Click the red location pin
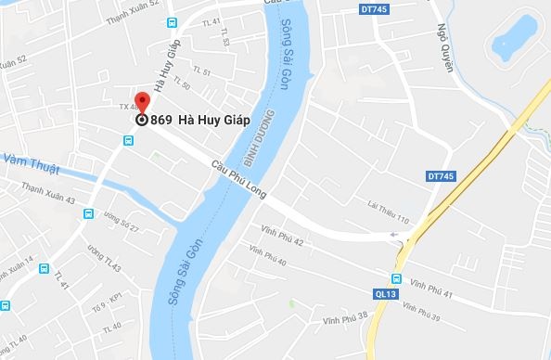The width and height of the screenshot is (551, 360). [x=142, y=101]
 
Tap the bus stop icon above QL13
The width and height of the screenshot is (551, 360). [x=397, y=279]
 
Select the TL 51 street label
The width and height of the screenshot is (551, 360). [x=201, y=71]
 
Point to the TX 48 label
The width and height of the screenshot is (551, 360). [x=129, y=107]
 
